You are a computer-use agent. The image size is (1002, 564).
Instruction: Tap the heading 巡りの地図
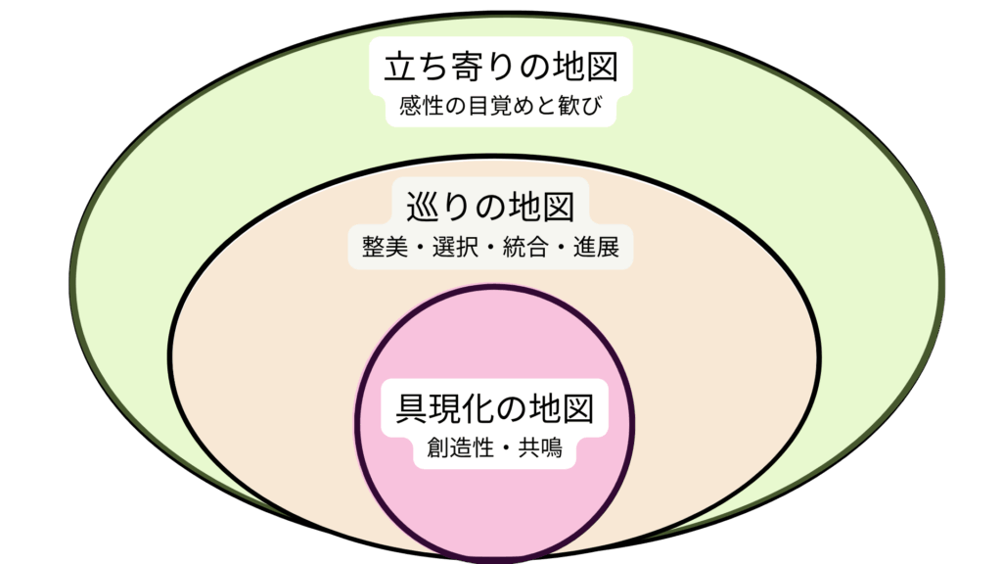click(x=489, y=208)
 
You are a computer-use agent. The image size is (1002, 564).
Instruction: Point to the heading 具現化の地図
click(x=495, y=407)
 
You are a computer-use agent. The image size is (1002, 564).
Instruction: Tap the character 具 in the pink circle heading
click(x=414, y=407)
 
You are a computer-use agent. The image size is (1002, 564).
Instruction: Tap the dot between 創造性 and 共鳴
click(x=506, y=450)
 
